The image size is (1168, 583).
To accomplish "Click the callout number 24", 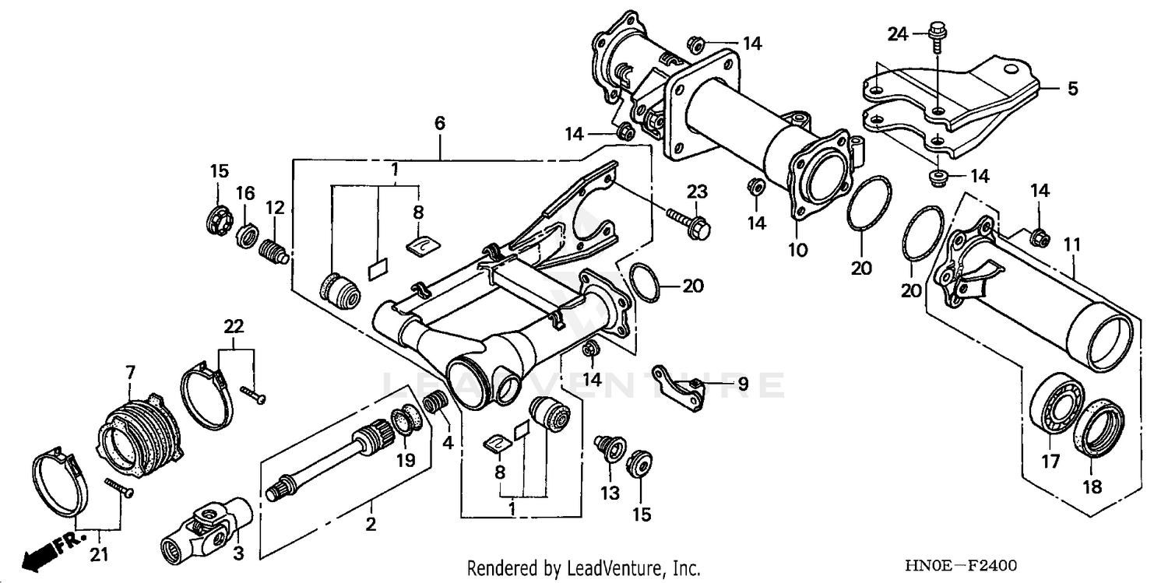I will (x=898, y=33).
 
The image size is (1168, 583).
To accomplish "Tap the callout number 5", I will (x=1072, y=90).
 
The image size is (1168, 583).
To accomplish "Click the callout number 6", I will (x=440, y=123).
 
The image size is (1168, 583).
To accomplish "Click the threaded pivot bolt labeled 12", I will (x=273, y=251).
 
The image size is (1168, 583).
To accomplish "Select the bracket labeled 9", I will (x=679, y=386).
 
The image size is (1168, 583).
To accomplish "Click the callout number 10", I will (x=798, y=250).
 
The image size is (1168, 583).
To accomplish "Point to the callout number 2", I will (x=371, y=524).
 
